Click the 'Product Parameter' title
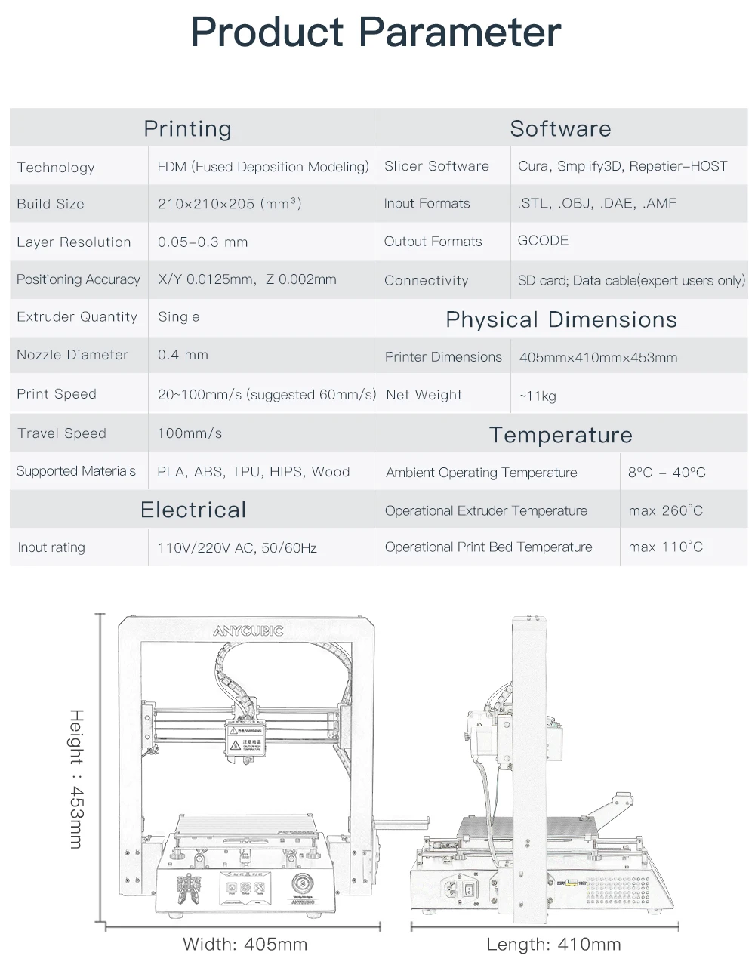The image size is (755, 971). (x=375, y=33)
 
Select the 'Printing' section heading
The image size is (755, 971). (x=187, y=128)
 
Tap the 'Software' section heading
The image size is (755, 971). (x=560, y=128)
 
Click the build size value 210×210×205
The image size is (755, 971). (x=230, y=204)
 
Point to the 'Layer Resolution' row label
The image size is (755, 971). (x=74, y=242)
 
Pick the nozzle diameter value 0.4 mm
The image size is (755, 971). (x=183, y=355)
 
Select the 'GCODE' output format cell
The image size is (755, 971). (x=543, y=241)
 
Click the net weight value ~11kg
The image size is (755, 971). (x=538, y=396)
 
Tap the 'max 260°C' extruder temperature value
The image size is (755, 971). (x=665, y=511)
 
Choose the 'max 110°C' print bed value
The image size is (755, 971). (x=665, y=547)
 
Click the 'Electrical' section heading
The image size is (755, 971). (x=193, y=510)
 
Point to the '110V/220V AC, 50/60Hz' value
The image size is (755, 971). (x=237, y=548)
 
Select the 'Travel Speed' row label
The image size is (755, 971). (x=62, y=433)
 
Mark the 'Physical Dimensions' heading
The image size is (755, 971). (x=561, y=319)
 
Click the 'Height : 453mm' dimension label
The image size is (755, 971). (x=76, y=778)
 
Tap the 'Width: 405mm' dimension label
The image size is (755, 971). (x=245, y=944)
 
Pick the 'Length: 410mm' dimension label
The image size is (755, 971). (x=553, y=944)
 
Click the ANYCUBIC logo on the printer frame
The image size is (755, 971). (x=248, y=631)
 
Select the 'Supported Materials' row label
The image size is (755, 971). (x=76, y=471)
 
